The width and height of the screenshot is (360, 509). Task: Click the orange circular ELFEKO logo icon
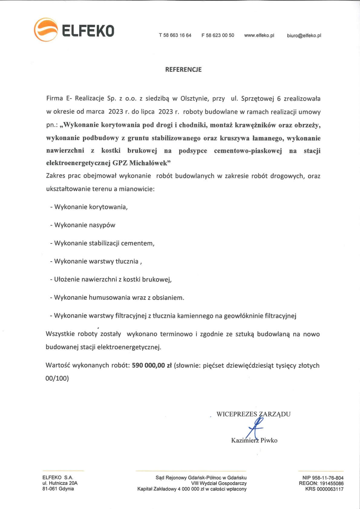46,30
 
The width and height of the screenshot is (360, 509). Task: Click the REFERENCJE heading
183,70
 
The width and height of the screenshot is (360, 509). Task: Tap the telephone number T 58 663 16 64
175,35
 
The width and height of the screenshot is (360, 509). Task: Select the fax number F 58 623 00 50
218,35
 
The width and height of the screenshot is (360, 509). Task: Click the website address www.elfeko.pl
259,35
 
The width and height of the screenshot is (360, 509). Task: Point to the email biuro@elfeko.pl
304,35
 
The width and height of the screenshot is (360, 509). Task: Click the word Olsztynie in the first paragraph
194,99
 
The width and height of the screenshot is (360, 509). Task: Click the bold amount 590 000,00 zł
152,365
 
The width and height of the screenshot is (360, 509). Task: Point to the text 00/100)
57,378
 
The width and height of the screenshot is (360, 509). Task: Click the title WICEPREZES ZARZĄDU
254,414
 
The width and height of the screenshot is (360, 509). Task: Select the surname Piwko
269,440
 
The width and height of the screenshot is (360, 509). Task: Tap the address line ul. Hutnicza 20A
60,483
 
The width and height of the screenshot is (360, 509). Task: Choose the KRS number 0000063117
330,489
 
